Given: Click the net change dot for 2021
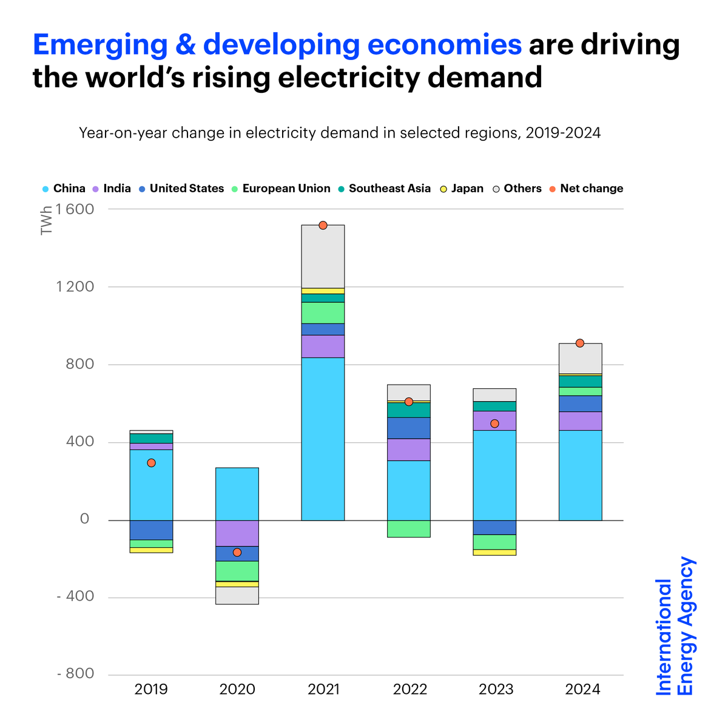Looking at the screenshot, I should click(x=323, y=225).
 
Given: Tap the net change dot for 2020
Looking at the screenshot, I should click(x=237, y=552).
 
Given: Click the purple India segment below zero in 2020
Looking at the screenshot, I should click(x=237, y=533).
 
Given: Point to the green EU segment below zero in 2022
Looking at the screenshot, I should click(x=408, y=528).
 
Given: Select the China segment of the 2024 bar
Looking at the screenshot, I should click(x=580, y=475).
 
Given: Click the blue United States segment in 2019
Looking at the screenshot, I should click(x=151, y=530).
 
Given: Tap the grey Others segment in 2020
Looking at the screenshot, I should click(x=237, y=595).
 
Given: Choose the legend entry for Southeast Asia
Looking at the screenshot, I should click(x=389, y=189).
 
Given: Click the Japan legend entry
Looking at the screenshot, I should click(x=467, y=189).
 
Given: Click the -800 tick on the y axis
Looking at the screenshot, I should click(x=75, y=674).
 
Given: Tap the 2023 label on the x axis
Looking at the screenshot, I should click(x=496, y=690).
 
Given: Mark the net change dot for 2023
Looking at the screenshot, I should click(x=494, y=423).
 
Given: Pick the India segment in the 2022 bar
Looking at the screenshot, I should click(x=408, y=450).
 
